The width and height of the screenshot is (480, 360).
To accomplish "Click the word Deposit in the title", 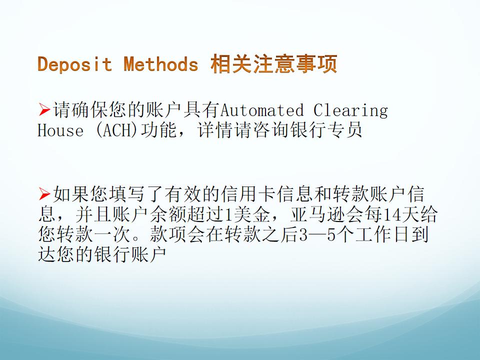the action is point(74,64).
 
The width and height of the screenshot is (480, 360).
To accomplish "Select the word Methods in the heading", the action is point(161,64).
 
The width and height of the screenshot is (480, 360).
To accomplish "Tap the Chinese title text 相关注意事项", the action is point(274,64).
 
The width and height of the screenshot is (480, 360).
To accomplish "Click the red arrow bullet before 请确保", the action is point(44,110).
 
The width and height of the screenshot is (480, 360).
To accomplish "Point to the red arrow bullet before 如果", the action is point(44,194).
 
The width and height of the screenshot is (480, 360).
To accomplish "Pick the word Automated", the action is point(262,110).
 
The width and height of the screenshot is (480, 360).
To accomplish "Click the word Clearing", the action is point(350,110).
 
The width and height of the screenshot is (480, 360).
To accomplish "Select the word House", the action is point(60,130).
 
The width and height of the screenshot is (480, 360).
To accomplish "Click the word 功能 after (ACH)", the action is point(158,130).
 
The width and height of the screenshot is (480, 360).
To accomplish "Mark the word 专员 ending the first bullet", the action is point(344,130).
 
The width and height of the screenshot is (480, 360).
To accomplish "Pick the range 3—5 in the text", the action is point(317,235).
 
